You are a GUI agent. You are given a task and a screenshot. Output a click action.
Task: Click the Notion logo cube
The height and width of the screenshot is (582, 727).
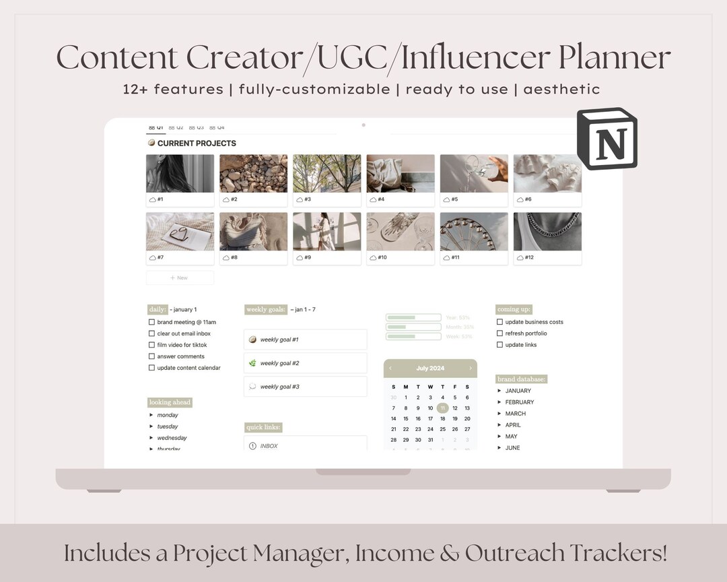coord(607,139)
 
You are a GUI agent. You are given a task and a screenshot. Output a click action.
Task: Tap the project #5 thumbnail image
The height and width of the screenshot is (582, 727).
coord(474,174)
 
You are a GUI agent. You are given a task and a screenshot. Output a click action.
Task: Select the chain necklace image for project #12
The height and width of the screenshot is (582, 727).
coord(547,232)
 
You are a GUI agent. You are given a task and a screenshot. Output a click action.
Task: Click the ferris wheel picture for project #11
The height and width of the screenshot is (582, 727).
coord(474,232)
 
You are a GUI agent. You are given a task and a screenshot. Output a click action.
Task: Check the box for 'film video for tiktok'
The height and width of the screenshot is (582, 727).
coord(151,345)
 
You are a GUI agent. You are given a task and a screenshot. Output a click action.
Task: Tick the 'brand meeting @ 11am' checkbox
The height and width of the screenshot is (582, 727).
coord(151,322)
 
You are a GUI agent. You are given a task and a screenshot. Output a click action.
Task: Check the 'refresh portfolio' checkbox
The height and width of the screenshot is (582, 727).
coord(499,333)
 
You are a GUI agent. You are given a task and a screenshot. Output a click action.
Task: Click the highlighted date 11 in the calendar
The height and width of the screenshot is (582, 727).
coord(442,408)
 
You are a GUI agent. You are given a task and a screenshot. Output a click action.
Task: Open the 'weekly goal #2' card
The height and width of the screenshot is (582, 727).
coord(305,363)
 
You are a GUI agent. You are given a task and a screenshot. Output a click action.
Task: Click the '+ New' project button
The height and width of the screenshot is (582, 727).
coord(180,278)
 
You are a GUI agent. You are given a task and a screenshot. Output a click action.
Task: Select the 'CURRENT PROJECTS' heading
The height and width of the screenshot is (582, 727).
coord(196,143)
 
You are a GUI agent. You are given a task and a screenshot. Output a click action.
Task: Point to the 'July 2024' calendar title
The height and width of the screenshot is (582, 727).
coord(431,368)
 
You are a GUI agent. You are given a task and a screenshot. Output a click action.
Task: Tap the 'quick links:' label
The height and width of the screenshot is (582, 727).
coord(263,427)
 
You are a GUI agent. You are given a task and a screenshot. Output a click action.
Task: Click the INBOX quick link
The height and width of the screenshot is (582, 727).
coord(269,446)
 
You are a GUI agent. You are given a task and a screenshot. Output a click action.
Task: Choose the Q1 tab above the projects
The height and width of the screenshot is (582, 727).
coord(155,127)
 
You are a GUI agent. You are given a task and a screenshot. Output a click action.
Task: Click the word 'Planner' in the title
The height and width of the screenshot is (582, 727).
coord(614,58)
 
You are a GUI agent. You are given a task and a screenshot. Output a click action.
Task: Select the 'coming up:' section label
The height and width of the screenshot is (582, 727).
coord(514,309)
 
